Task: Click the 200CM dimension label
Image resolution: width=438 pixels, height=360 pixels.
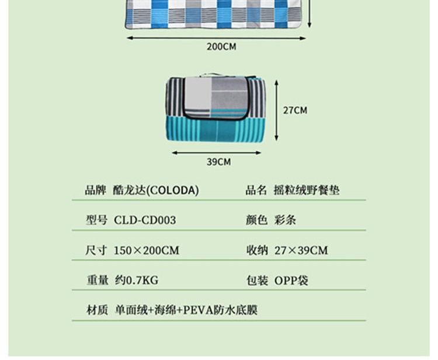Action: (x=221, y=46)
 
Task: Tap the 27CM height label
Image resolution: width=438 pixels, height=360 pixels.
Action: (x=295, y=110)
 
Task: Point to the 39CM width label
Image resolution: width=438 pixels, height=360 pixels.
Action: (x=218, y=162)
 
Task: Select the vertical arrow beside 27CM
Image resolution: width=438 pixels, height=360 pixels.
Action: (x=276, y=109)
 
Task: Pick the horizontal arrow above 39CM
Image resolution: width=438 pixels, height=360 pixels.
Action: (x=217, y=153)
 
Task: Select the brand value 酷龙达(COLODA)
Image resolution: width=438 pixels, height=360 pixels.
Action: (x=157, y=190)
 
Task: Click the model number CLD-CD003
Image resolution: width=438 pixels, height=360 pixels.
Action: (x=145, y=220)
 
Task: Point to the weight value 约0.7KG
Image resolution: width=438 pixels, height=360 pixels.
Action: (x=136, y=281)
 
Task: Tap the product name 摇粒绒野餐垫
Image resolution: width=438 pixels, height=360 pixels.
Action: (x=307, y=190)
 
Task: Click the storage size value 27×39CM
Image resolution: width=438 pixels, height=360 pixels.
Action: (x=301, y=250)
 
